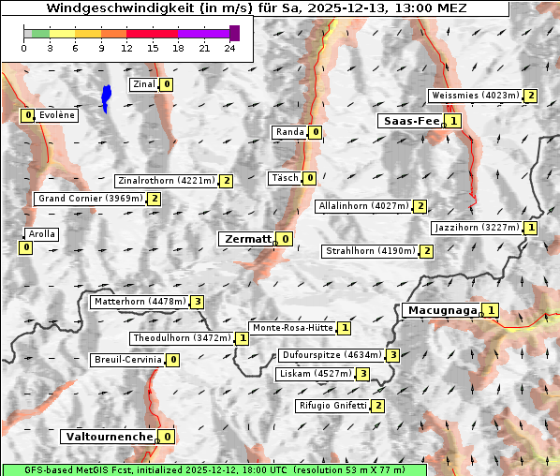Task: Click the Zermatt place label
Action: tap(246, 239)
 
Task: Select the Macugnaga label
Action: tap(441, 310)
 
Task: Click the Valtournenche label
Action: tap(108, 437)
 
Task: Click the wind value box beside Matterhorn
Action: tap(197, 302)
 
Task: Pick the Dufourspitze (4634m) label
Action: tap(332, 355)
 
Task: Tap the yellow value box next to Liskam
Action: tap(362, 374)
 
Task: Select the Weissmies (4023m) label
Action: tap(475, 96)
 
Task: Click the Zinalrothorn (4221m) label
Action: tap(166, 181)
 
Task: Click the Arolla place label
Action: tap(42, 234)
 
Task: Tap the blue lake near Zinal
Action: tap(106, 97)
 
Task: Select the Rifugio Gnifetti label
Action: tap(332, 406)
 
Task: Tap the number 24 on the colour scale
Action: tap(229, 48)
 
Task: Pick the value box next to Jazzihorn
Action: tap(531, 228)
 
